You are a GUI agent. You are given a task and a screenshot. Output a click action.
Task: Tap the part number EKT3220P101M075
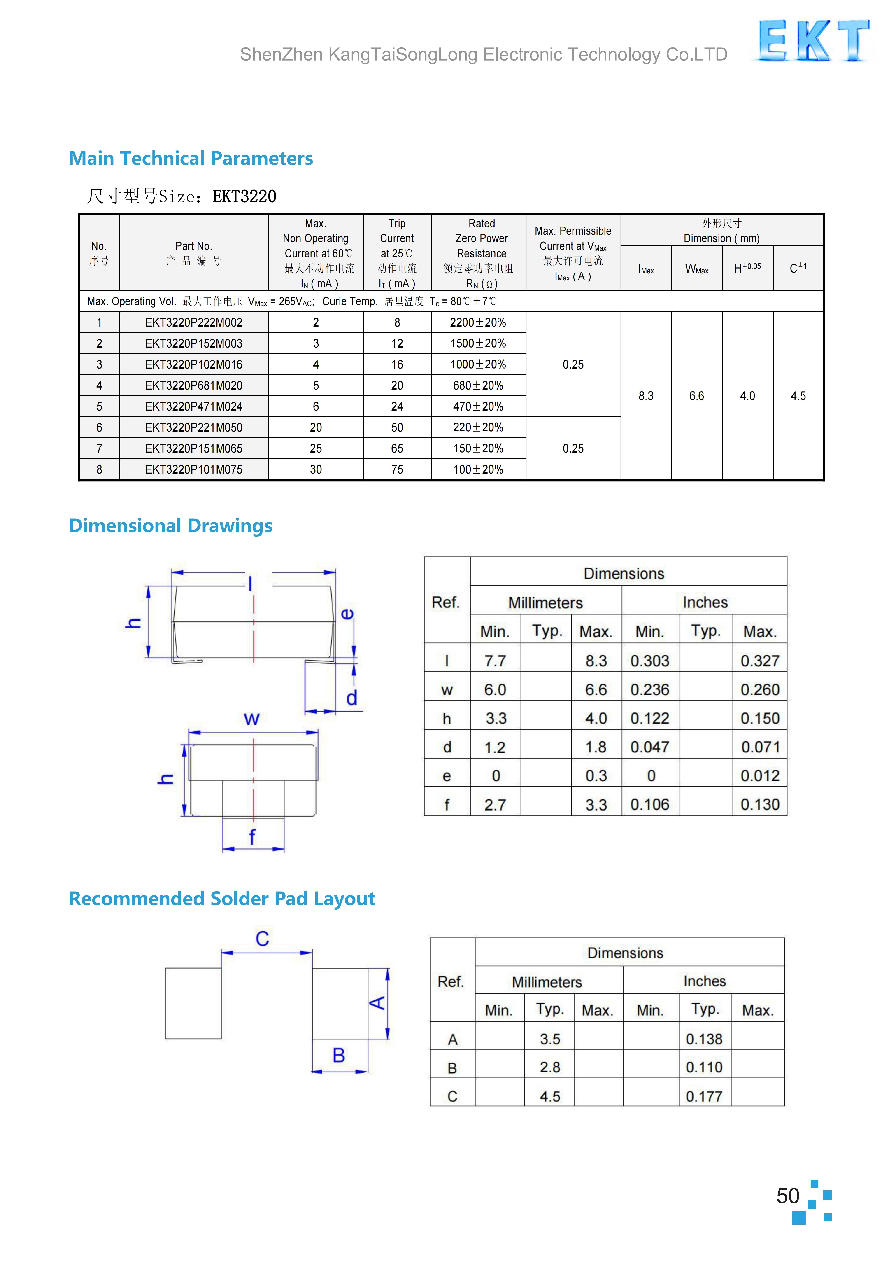[194, 470]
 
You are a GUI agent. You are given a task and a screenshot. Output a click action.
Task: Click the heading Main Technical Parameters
[191, 158]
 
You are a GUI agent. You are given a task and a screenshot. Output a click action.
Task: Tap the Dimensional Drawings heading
[170, 525]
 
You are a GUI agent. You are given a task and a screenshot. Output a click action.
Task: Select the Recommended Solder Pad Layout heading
[222, 898]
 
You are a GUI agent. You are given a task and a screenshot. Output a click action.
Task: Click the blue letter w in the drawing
[251, 719]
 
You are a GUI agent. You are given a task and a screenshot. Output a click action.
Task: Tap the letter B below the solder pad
[339, 1055]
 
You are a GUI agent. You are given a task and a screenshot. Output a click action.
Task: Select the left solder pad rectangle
[193, 1003]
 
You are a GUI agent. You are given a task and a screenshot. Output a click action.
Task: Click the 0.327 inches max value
[760, 661]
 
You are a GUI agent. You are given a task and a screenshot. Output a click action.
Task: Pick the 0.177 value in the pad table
[704, 1096]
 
